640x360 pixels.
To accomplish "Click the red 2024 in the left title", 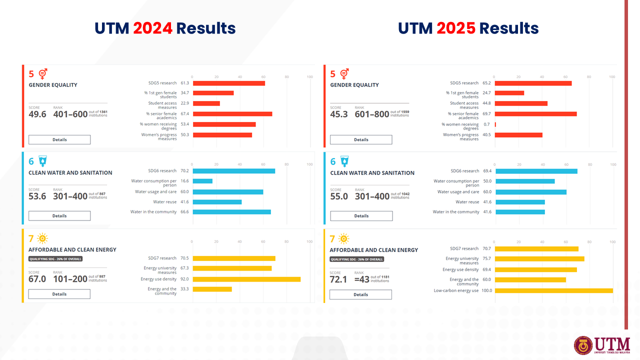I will pyautogui.click(x=152, y=28).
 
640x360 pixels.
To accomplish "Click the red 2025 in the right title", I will pyautogui.click(x=455, y=28).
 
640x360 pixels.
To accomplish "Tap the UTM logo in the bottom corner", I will pyautogui.click(x=602, y=345).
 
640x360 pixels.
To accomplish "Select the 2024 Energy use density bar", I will pyautogui.click(x=246, y=279).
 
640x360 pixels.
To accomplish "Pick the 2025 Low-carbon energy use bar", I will pyautogui.click(x=553, y=290).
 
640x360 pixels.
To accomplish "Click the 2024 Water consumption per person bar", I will pyautogui.click(x=202, y=181).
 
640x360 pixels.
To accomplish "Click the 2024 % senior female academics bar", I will pyautogui.click(x=232, y=114).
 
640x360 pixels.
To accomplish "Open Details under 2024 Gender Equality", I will pyautogui.click(x=59, y=139).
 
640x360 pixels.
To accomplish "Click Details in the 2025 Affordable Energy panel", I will pyautogui.click(x=360, y=294).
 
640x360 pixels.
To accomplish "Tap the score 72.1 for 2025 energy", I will pyautogui.click(x=338, y=279).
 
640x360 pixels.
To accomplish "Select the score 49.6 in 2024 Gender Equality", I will pyautogui.click(x=37, y=114).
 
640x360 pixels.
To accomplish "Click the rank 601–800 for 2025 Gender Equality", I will pyautogui.click(x=371, y=114).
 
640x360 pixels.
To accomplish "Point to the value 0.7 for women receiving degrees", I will pyautogui.click(x=486, y=124).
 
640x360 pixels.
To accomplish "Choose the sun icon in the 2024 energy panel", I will pyautogui.click(x=42, y=238).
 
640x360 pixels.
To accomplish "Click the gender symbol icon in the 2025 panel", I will pyautogui.click(x=344, y=74).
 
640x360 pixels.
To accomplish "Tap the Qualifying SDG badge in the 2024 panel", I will pyautogui.click(x=55, y=259).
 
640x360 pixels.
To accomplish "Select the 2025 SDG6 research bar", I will pyautogui.click(x=536, y=171).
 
